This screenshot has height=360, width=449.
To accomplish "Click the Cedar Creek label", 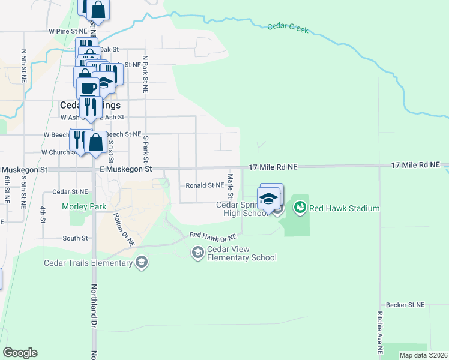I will tap(288, 27).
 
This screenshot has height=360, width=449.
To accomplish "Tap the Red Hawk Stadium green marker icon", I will tap(299, 208).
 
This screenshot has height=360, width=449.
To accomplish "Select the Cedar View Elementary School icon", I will tap(197, 253).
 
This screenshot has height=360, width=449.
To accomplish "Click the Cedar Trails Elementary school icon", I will tap(141, 262).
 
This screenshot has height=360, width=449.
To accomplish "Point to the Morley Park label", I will tap(83, 206).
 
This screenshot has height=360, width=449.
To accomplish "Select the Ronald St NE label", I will tap(205, 186).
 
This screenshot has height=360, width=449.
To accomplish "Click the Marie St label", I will tap(230, 186).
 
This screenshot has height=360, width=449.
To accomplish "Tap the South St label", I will tap(76, 238).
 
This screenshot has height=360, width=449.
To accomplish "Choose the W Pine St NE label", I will tap(68, 30).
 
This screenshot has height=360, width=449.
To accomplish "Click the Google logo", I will tap(20, 353).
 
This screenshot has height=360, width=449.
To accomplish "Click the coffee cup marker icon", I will tap(89, 87).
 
